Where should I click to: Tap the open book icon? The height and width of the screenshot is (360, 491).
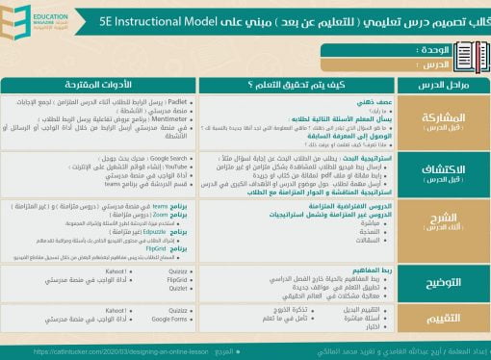click(468, 53)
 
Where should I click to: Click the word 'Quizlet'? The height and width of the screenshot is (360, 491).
click(178, 288)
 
